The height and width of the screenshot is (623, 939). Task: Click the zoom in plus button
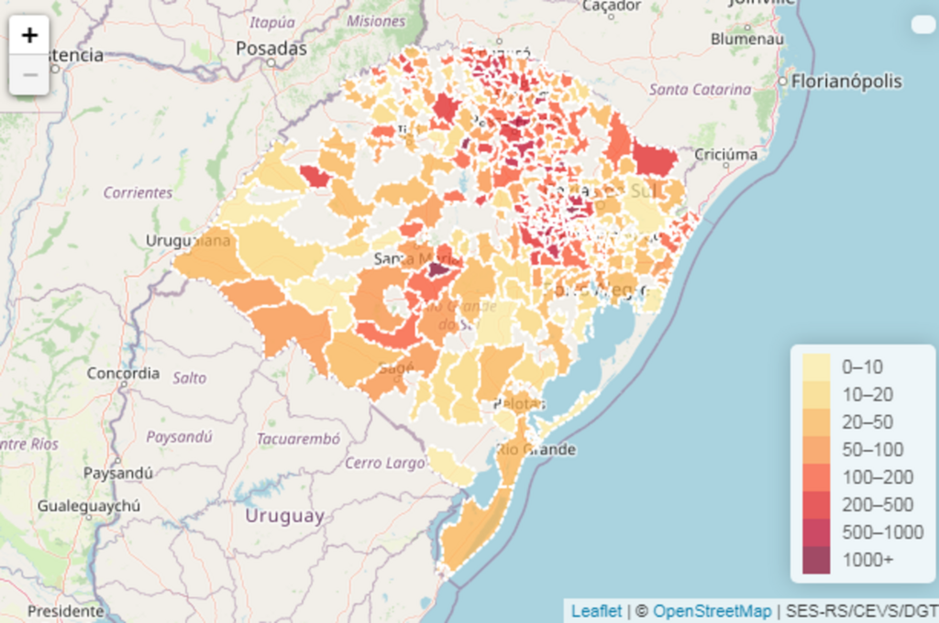(x=30, y=36)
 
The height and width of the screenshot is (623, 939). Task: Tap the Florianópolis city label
(x=846, y=82)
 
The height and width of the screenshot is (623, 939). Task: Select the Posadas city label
(x=271, y=49)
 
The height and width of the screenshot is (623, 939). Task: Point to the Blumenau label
(x=746, y=39)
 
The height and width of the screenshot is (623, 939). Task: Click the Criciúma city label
(x=726, y=154)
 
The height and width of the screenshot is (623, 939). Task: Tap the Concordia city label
(x=123, y=374)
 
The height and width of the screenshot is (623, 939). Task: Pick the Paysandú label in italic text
(x=179, y=437)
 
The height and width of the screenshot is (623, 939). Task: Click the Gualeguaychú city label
(x=89, y=506)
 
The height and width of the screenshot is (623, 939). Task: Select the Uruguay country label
(x=284, y=516)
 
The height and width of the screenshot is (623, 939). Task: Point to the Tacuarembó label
(x=299, y=439)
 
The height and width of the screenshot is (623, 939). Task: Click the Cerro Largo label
(x=385, y=463)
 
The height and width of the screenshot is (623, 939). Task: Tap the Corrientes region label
(x=138, y=192)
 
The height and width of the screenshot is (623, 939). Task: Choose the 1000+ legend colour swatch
(x=816, y=560)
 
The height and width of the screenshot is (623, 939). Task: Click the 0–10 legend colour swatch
(x=816, y=367)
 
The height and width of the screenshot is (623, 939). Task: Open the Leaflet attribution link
(x=596, y=611)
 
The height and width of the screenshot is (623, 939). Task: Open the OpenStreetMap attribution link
(x=712, y=611)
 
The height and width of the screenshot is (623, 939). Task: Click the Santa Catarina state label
(x=700, y=90)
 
